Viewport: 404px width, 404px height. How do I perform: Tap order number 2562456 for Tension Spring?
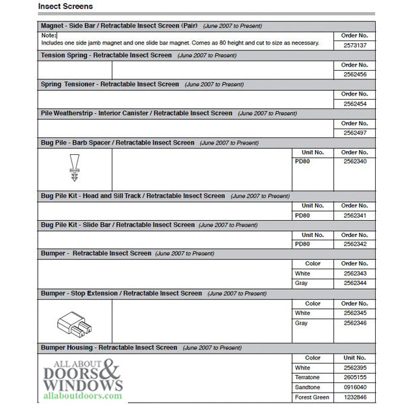tap(354, 74)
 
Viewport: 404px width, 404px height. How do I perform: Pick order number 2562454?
tap(354, 104)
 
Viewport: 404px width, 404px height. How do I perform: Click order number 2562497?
tap(354, 133)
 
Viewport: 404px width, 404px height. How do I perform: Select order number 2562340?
tap(354, 162)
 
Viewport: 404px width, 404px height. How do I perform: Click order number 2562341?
tap(354, 215)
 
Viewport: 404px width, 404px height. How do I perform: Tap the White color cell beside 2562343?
tap(302, 273)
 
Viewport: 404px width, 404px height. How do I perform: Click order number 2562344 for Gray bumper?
tap(354, 283)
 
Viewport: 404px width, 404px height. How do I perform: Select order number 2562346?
tap(354, 323)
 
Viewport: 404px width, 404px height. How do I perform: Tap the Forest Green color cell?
tap(311, 398)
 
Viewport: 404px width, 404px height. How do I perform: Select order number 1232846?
tap(354, 398)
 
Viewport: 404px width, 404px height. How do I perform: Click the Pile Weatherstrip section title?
tap(137, 114)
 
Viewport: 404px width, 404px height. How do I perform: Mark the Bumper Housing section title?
tap(108, 348)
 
